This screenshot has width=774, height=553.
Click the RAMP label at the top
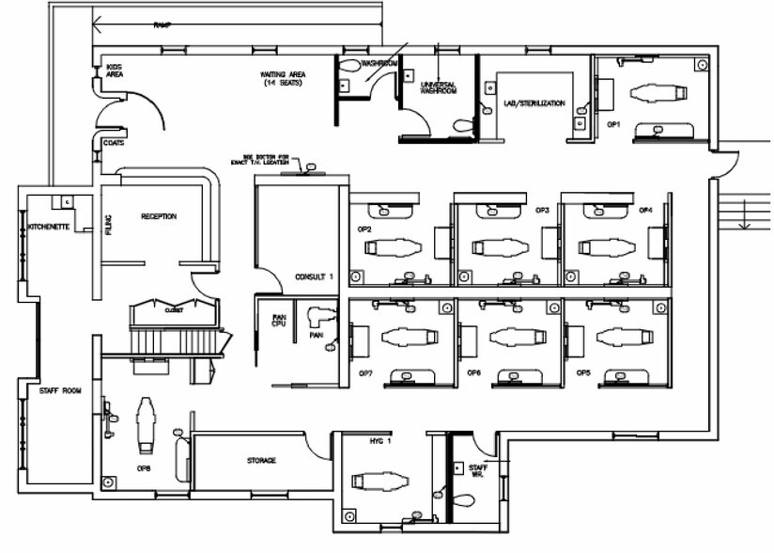[x=161, y=25]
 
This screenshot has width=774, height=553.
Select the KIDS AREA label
[x=115, y=70]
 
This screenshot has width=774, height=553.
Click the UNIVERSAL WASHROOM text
[x=438, y=87]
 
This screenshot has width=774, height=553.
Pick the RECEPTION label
[x=159, y=216]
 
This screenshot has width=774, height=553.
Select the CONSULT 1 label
[x=314, y=276]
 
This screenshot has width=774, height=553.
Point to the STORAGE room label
[x=261, y=460]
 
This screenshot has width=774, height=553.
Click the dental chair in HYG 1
[x=381, y=481]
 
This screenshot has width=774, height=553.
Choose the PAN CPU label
[x=279, y=322]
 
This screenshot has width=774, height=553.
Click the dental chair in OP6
[x=516, y=336]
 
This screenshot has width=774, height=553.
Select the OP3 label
[x=542, y=210]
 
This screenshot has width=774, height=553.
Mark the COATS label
[x=113, y=143]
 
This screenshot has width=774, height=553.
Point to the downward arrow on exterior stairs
[x=743, y=219]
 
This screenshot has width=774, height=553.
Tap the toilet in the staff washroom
[x=464, y=499]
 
